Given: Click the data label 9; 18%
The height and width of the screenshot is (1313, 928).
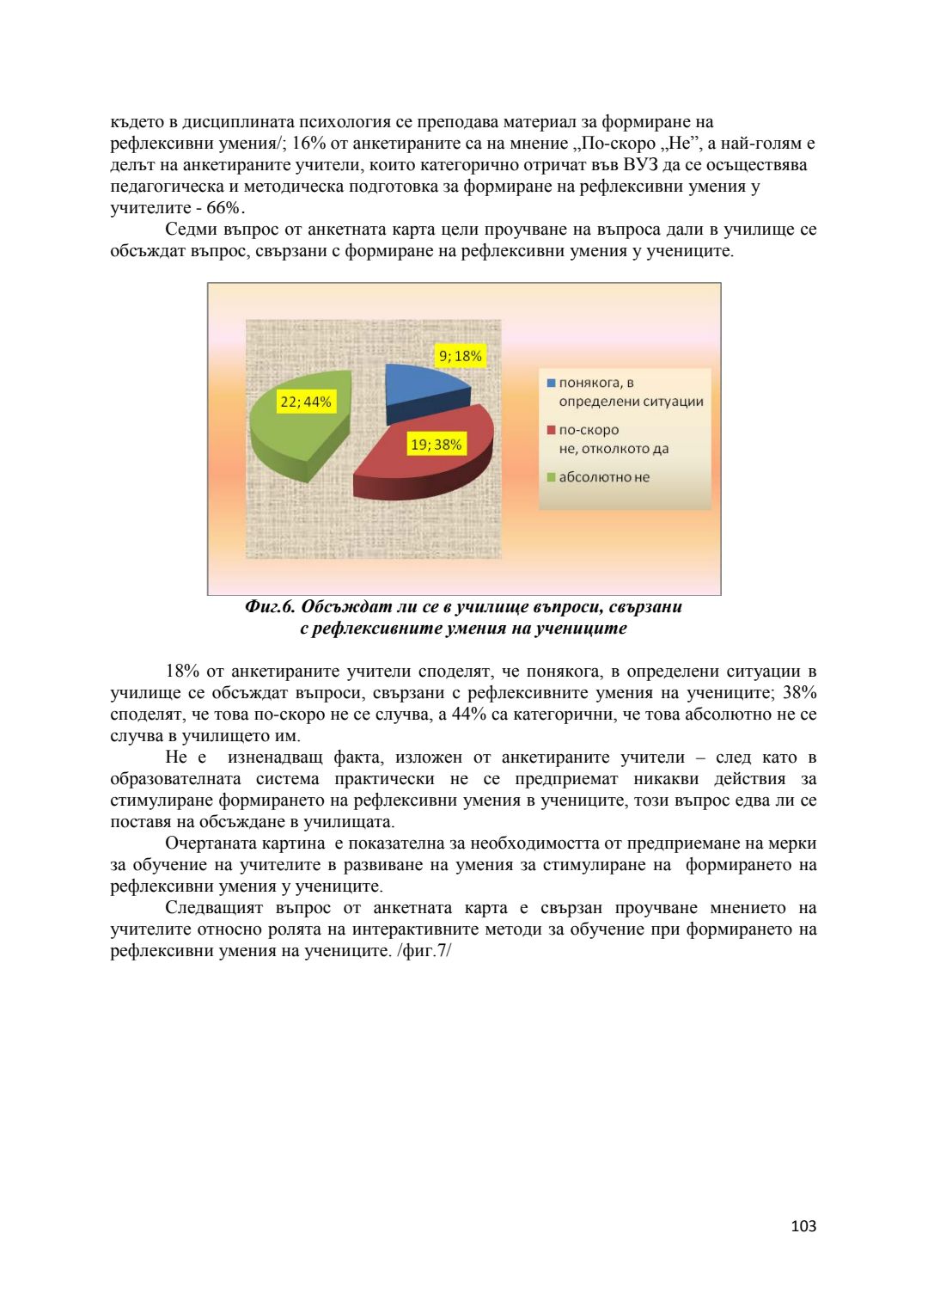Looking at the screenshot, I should pos(461,356).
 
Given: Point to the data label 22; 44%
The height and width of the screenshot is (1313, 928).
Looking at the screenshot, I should pos(306,402).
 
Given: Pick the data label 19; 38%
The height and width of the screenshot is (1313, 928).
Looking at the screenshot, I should pos(436,445).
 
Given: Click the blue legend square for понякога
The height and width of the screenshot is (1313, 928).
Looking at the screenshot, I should pos(551,383).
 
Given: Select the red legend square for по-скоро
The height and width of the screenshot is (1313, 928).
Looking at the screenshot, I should pos(551,430).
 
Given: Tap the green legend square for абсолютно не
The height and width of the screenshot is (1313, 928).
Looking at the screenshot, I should pos(551,477).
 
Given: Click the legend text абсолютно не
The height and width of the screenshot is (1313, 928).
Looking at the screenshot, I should pos(604,477).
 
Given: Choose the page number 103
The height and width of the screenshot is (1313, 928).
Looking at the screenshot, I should pos(803,1226).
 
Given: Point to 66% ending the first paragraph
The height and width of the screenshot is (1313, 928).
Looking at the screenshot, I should pos(223,208).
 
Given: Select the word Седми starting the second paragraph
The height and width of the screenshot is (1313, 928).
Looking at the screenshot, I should pos(193,230).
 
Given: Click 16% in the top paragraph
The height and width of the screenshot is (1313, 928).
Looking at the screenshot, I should pos(308,144).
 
